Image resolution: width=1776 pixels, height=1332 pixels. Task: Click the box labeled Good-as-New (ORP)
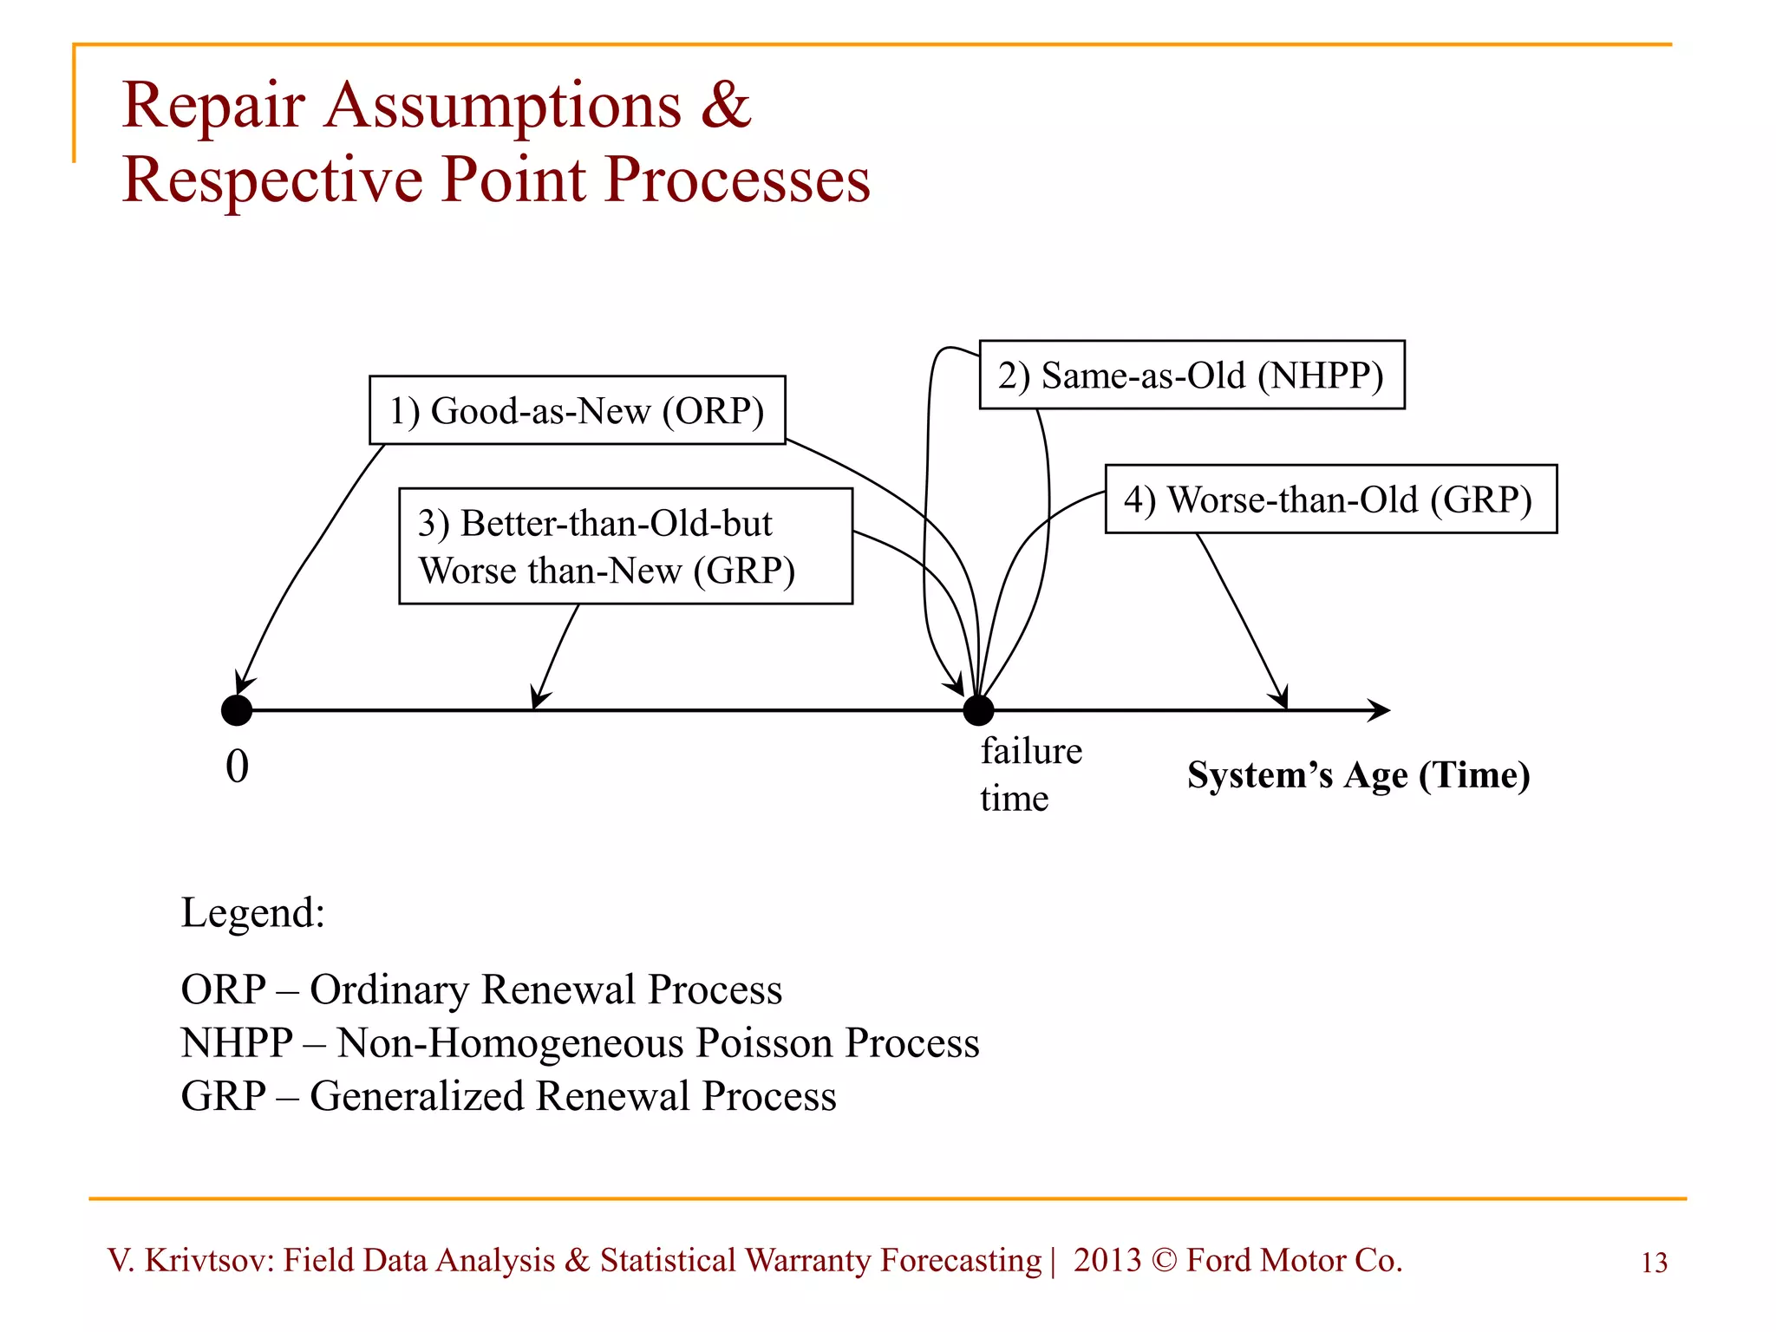(577, 410)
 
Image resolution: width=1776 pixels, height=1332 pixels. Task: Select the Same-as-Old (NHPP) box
(1192, 375)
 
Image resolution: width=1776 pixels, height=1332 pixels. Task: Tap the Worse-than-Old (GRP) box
(1330, 499)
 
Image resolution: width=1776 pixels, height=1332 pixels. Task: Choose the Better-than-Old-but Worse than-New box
(625, 546)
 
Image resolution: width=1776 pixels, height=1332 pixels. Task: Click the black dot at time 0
(237, 710)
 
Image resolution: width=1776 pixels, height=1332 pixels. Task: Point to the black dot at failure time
(978, 710)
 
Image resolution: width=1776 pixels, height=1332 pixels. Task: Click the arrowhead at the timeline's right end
(1380, 710)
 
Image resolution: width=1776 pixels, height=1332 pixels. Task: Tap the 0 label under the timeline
(237, 767)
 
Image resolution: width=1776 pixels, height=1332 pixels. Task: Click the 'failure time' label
(1030, 774)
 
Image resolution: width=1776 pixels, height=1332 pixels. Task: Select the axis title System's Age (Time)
(1358, 774)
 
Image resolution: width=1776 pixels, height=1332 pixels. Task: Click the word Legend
(252, 912)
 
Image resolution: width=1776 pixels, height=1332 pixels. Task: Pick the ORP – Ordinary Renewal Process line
(481, 989)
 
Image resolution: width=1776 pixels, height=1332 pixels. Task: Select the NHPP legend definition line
(579, 1042)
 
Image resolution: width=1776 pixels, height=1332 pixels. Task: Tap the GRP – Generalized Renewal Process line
(508, 1095)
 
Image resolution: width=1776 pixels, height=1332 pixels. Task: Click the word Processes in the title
(736, 180)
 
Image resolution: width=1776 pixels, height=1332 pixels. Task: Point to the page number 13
(1654, 1263)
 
